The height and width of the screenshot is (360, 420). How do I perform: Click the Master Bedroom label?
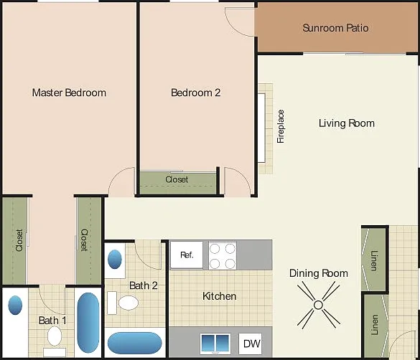(69, 93)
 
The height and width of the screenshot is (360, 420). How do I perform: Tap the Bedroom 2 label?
(196, 93)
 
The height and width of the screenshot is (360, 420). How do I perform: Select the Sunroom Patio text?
(335, 28)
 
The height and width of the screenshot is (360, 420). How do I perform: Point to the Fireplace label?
(281, 126)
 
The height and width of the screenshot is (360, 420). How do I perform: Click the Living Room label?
(347, 123)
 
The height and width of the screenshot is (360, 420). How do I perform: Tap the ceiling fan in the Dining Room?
(318, 305)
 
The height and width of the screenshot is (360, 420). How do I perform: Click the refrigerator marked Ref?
(187, 255)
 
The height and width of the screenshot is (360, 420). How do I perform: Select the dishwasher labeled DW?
(250, 344)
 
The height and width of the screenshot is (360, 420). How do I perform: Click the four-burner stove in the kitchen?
(223, 256)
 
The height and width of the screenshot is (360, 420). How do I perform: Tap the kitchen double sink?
(215, 344)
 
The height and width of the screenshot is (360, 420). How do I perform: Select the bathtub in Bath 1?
(88, 323)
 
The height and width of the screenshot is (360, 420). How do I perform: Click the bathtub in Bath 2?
(135, 344)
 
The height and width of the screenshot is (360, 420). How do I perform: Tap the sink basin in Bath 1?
(15, 305)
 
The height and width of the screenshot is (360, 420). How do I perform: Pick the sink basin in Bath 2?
(115, 260)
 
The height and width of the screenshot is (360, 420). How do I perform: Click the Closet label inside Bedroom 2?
(177, 179)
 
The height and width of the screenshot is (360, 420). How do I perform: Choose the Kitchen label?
(220, 296)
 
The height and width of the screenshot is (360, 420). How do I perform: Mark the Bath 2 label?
(144, 285)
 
